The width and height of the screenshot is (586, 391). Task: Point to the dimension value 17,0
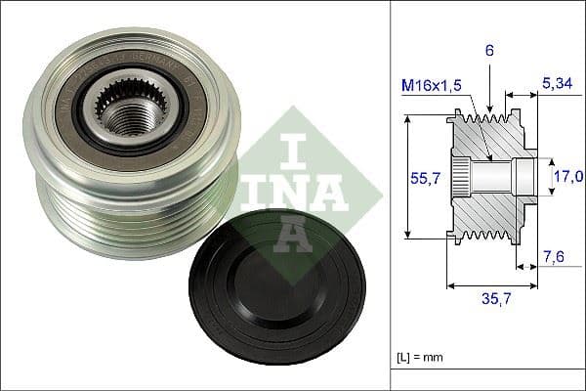[x=567, y=177]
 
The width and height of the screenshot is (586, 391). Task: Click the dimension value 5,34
[x=555, y=85]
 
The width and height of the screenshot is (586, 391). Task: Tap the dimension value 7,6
[x=554, y=256]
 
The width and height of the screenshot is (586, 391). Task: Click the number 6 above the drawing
[x=488, y=48]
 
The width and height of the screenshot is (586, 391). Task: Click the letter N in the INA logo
[x=293, y=185]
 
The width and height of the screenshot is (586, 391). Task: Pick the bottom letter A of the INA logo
[x=293, y=231]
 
